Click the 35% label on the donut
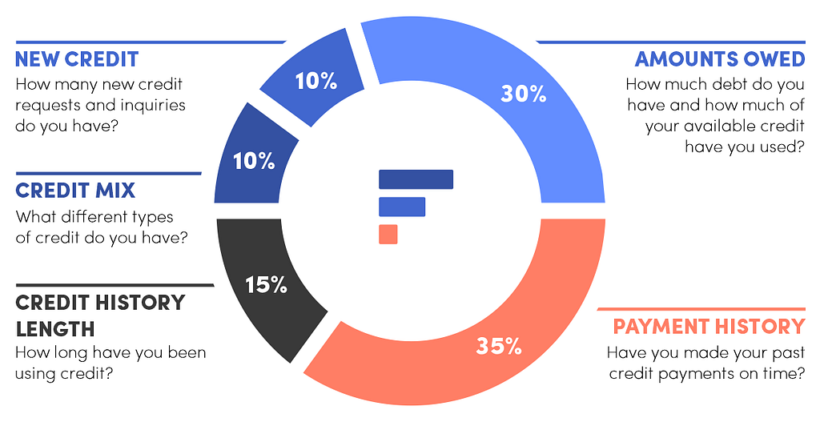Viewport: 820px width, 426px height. click(x=499, y=346)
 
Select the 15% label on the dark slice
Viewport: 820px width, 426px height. click(x=266, y=284)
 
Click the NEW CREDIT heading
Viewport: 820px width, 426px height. click(x=77, y=59)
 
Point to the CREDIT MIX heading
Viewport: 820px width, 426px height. click(x=75, y=191)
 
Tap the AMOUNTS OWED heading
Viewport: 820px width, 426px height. click(x=719, y=59)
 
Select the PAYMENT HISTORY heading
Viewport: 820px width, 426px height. click(x=709, y=327)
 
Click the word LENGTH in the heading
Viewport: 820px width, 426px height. click(x=55, y=329)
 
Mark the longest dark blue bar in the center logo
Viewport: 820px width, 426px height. click(x=416, y=179)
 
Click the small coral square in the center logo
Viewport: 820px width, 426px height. click(x=388, y=234)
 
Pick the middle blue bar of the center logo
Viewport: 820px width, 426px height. click(x=401, y=207)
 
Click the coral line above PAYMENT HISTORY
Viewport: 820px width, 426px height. click(x=701, y=308)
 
